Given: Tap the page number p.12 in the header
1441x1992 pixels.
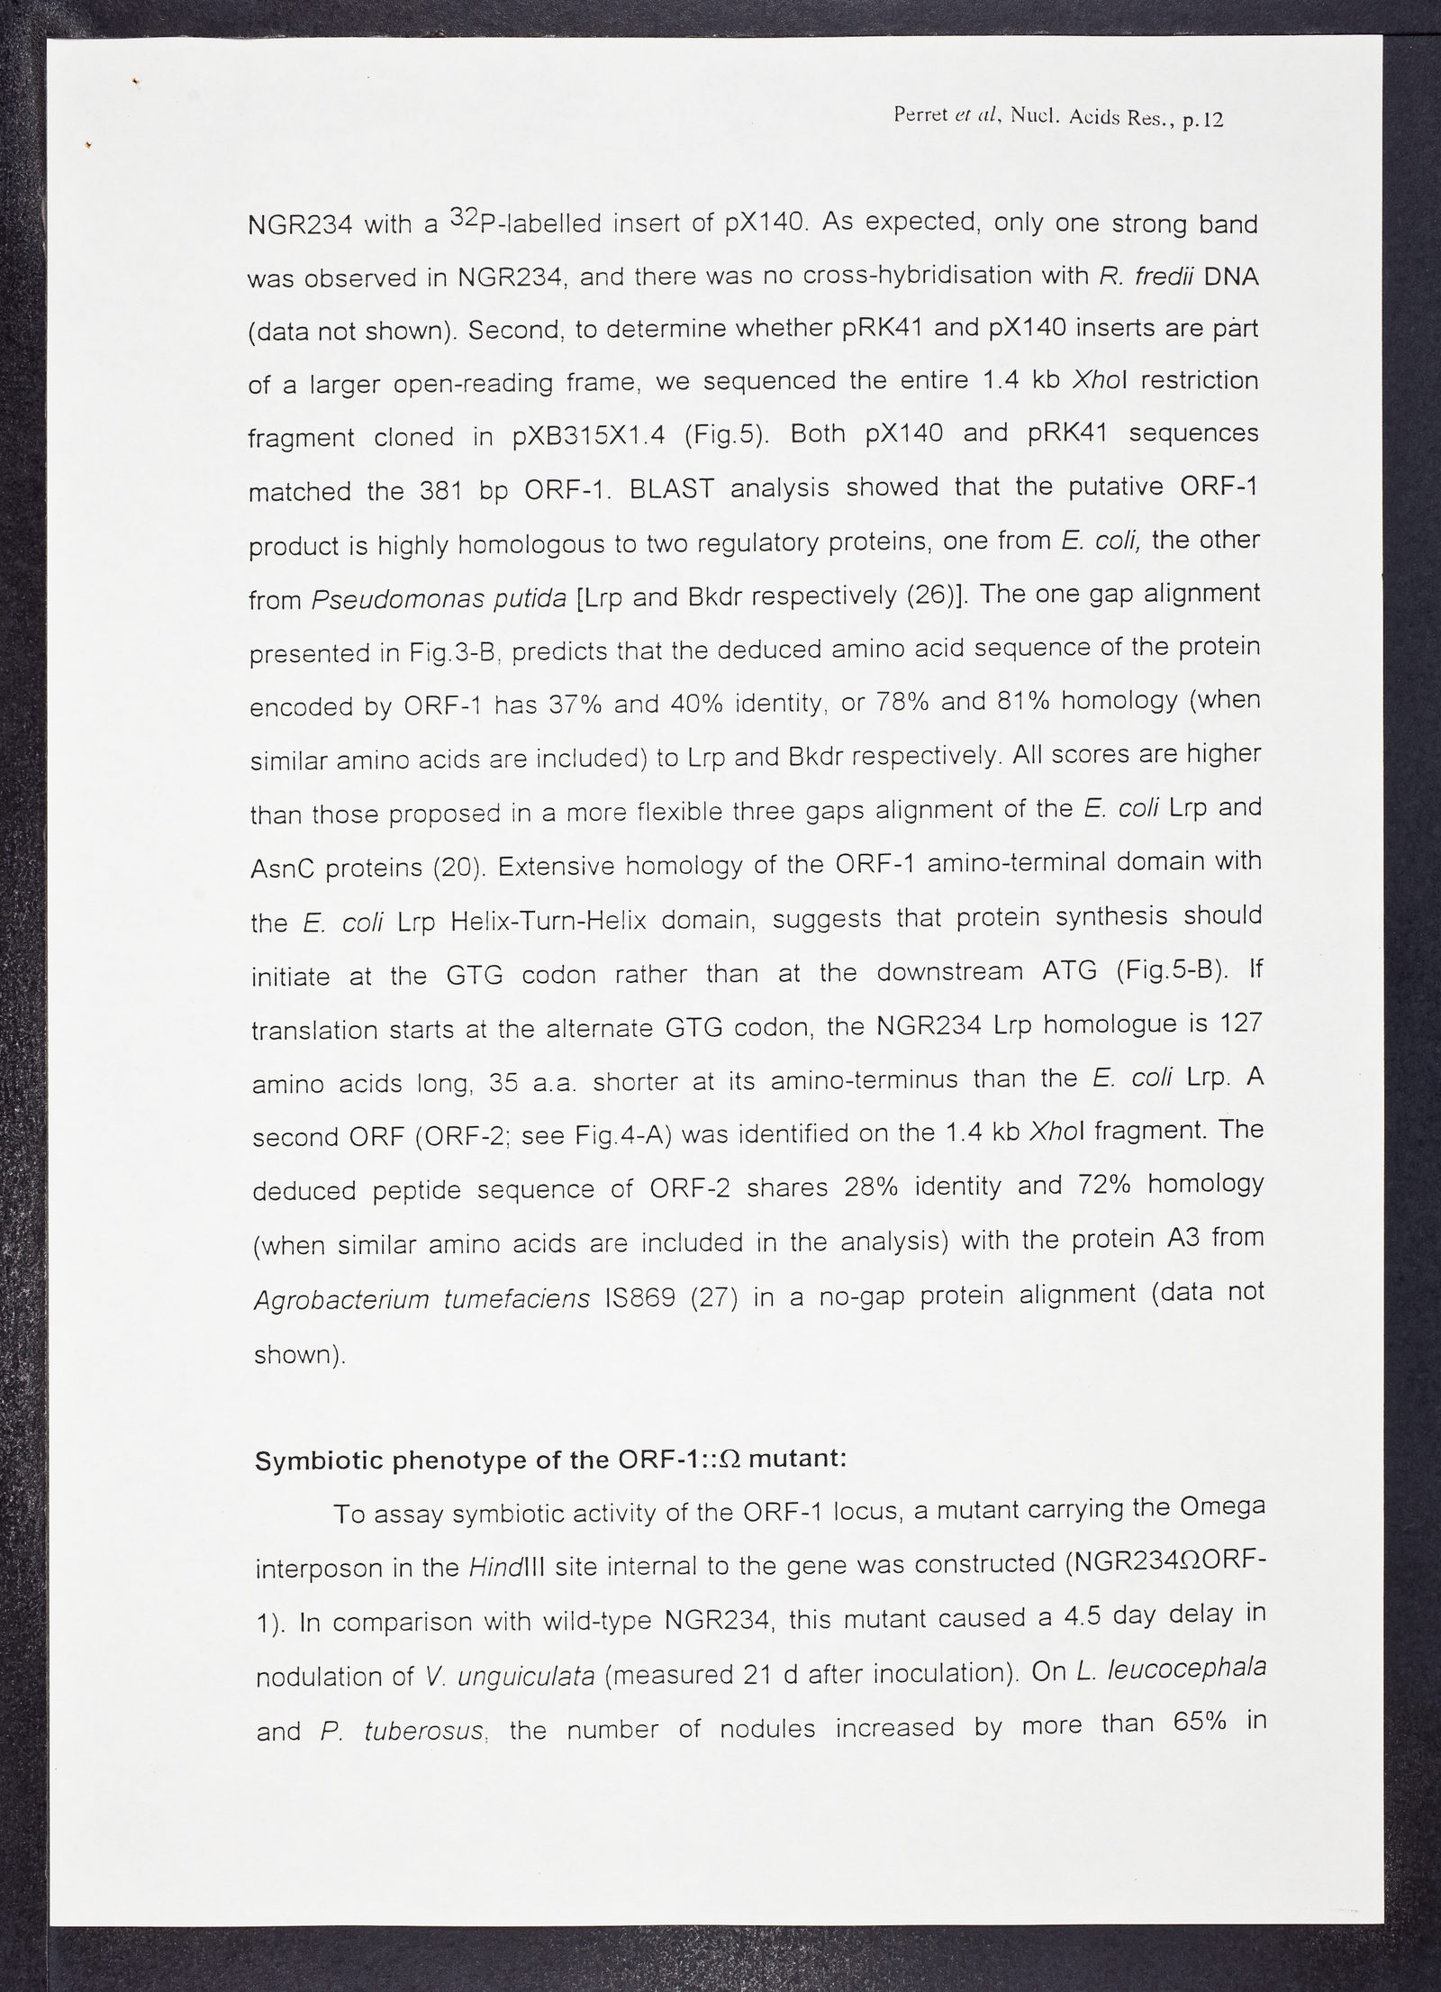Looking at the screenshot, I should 1199,119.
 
